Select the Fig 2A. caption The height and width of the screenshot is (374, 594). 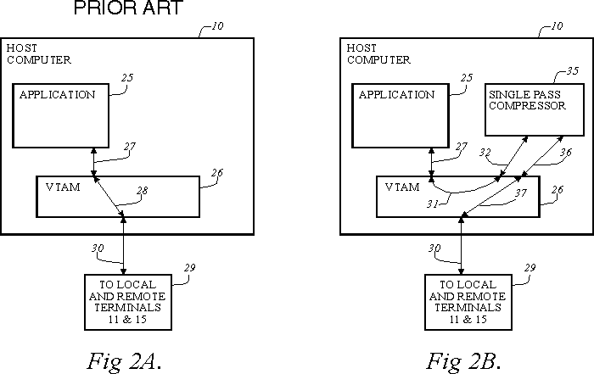coord(124,360)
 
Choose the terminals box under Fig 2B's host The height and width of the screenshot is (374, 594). coord(462,302)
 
